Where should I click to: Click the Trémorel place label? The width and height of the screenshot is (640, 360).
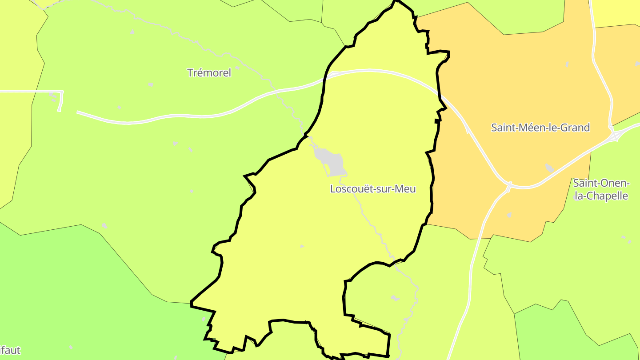209,73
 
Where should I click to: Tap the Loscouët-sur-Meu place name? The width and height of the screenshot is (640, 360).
372,189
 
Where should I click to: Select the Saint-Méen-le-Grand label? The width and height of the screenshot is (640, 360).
540,128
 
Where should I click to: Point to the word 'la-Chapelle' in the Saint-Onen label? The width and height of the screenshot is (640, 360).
601,196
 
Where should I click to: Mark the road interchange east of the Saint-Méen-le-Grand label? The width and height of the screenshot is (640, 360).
614,134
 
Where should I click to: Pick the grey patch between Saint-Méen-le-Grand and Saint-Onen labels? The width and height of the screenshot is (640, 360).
549,168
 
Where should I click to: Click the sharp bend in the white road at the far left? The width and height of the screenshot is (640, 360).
62,92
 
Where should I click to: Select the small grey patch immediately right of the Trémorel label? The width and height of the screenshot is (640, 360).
237,68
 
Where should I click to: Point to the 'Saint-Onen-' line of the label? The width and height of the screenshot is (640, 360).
601,183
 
